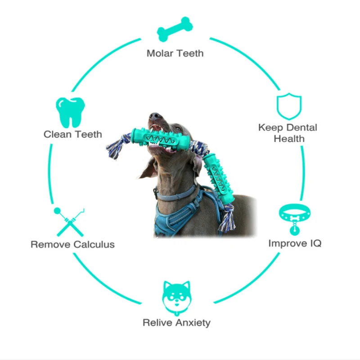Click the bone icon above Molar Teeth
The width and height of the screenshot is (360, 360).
tap(175, 30)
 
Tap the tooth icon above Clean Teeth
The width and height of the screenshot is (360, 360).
tap(71, 112)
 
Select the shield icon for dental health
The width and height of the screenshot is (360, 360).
tap(288, 106)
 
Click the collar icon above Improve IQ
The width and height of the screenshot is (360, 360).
tap(293, 218)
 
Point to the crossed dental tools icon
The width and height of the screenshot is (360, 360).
tap(70, 221)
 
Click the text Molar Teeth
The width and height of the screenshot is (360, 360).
tap(175, 53)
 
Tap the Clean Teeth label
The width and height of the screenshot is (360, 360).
tap(73, 134)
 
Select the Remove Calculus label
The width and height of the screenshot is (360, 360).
tap(72, 245)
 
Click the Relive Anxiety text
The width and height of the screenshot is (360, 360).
tap(176, 323)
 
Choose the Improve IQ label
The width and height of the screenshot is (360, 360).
tap(295, 243)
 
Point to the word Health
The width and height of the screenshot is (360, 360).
tap(289, 139)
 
